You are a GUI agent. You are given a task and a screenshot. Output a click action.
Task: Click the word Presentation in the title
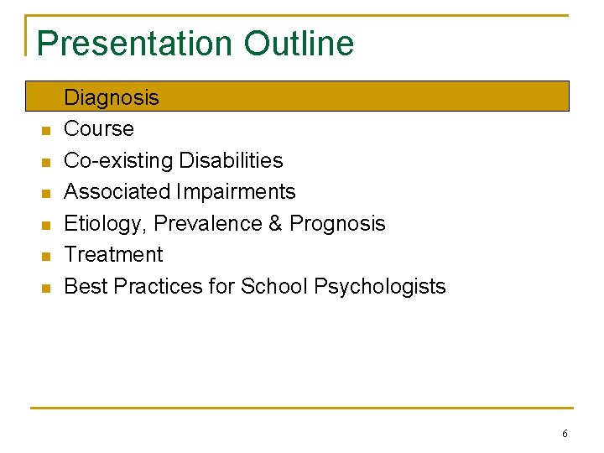coord(135,44)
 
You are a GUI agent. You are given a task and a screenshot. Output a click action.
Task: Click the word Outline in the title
coord(299,44)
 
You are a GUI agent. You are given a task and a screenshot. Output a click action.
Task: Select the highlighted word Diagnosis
coord(112,97)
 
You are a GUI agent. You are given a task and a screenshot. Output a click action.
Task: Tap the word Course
coord(99,129)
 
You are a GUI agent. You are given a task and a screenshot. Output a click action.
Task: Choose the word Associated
coord(117,192)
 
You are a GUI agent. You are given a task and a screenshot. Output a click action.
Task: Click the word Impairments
coord(237,192)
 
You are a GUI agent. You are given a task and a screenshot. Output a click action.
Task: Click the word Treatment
coord(113,254)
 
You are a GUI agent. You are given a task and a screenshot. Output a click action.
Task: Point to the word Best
coord(86,286)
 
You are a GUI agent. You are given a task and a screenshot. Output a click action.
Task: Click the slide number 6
coord(565,434)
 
